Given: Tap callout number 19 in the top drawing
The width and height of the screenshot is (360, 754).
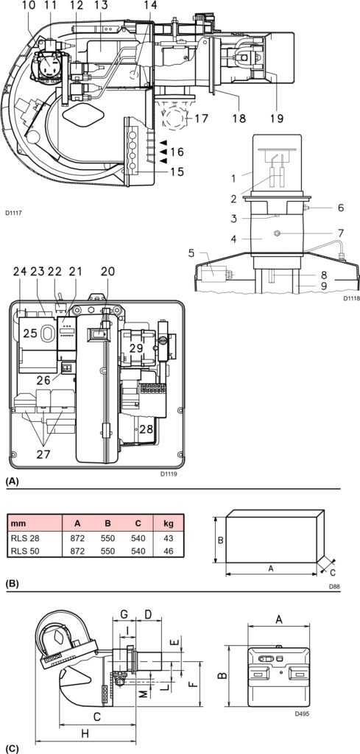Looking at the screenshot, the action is pyautogui.click(x=276, y=118).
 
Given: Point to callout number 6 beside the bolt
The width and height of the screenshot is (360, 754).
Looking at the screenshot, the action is pyautogui.click(x=341, y=208).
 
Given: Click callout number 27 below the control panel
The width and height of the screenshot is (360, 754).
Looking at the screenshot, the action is pyautogui.click(x=43, y=454).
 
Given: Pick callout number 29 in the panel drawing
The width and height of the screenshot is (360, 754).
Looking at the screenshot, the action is pyautogui.click(x=136, y=348).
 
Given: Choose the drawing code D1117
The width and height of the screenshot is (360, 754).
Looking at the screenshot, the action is pyautogui.click(x=14, y=211).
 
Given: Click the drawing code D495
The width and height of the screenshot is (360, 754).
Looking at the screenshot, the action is pyautogui.click(x=302, y=714).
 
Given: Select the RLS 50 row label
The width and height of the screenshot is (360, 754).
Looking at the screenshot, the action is pyautogui.click(x=23, y=551).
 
